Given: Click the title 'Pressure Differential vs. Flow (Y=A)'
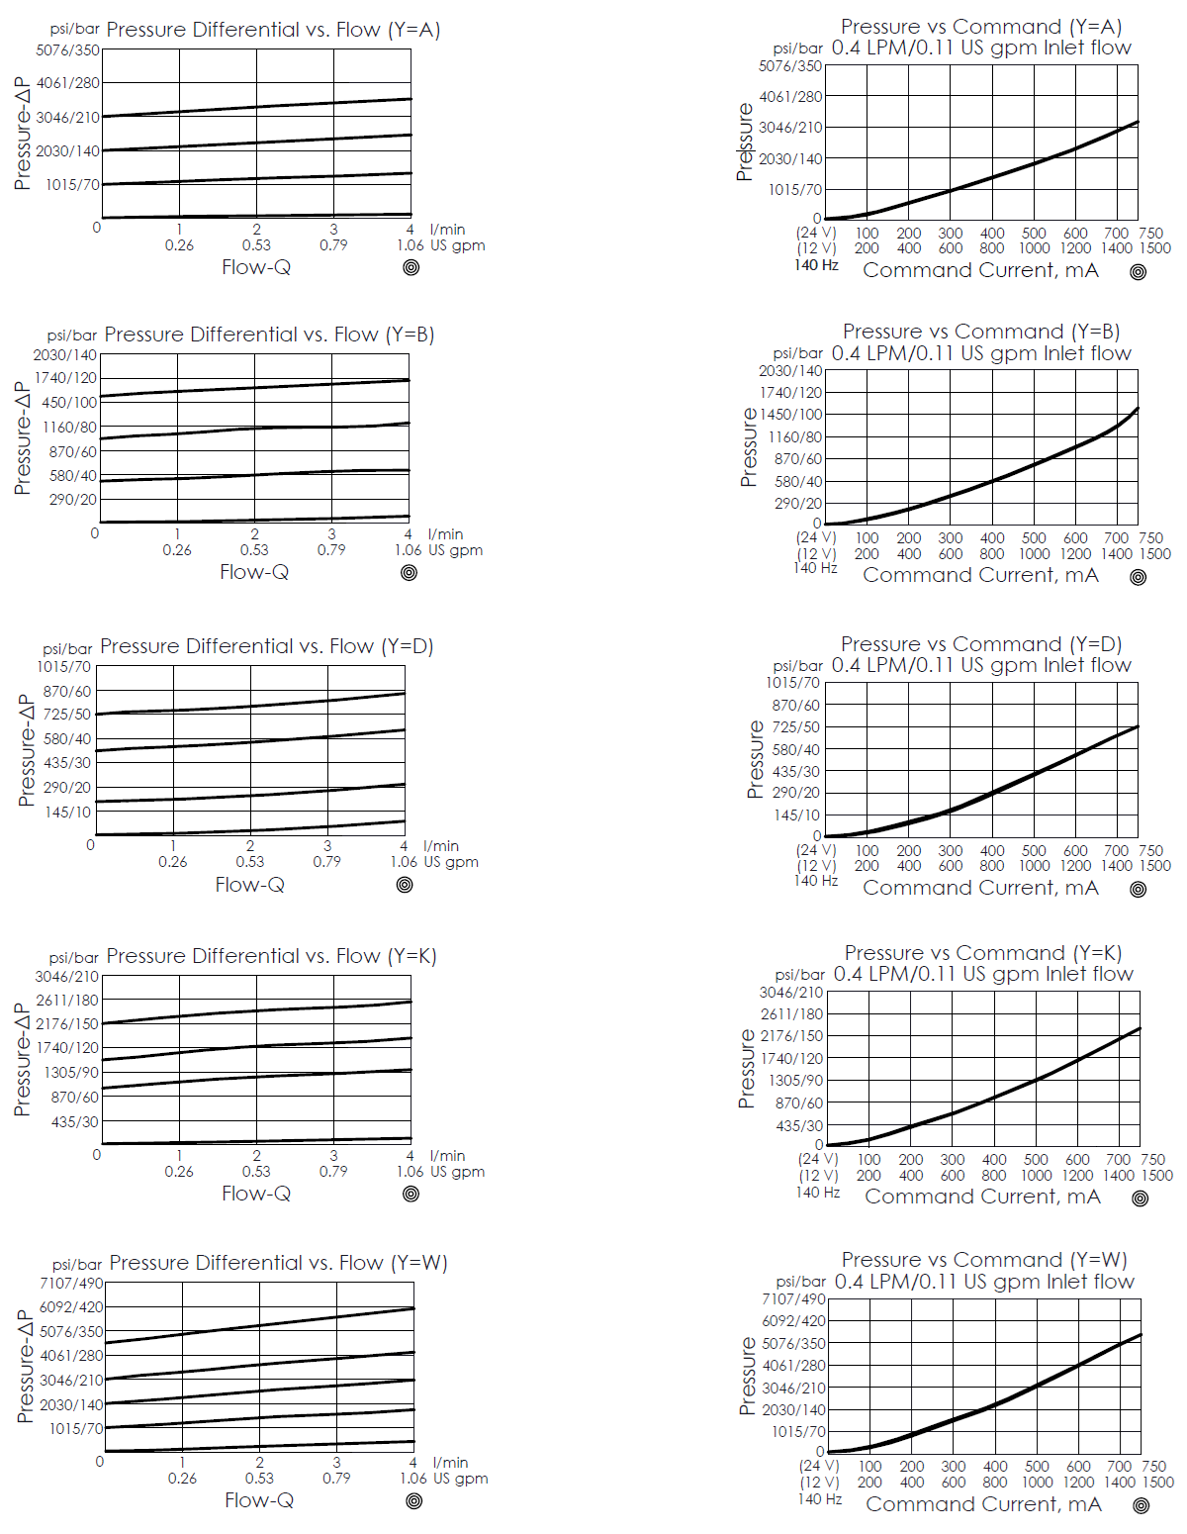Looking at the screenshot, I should (273, 30).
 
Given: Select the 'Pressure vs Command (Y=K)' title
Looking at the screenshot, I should (983, 953).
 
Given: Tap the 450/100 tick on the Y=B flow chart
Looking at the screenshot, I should (69, 403).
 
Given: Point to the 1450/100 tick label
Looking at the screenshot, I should (790, 415).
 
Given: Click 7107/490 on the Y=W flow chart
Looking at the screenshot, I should (71, 1284).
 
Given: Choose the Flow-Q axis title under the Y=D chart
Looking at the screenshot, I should (249, 885).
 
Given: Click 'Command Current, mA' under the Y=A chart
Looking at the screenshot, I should (980, 270).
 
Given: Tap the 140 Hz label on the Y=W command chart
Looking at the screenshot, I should (819, 1499).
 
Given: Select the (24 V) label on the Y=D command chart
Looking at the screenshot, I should (816, 850).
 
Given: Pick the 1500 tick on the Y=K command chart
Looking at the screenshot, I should (1156, 1176).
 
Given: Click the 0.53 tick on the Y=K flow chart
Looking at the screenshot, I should (256, 1172).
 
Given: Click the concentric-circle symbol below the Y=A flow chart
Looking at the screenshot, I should (411, 267).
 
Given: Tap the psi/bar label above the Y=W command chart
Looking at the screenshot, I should (800, 1282).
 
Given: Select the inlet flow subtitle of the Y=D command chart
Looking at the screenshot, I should (981, 665).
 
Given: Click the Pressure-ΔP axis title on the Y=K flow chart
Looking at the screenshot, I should (22, 1059).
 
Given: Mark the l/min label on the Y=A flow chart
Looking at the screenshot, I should (447, 230).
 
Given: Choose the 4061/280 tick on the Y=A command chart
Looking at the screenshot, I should (790, 97).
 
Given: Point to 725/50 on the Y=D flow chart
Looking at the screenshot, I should (66, 715).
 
